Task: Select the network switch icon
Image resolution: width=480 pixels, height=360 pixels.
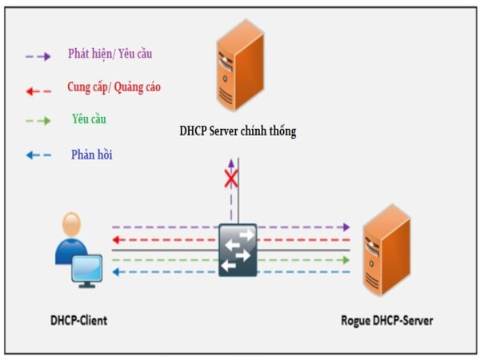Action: pyautogui.click(x=238, y=250)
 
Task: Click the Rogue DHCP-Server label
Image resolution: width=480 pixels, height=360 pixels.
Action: pyautogui.click(x=386, y=320)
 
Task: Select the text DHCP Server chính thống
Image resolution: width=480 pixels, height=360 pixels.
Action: pyautogui.click(x=238, y=131)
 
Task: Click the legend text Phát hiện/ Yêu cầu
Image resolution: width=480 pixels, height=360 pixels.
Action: pyautogui.click(x=110, y=54)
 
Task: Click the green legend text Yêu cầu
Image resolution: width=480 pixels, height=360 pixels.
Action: pyautogui.click(x=89, y=119)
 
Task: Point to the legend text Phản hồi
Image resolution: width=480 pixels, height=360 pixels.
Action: pyautogui.click(x=91, y=154)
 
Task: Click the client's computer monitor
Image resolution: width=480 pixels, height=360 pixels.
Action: pyautogui.click(x=86, y=270)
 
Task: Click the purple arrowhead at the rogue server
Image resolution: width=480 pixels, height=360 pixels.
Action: pyautogui.click(x=346, y=227)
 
